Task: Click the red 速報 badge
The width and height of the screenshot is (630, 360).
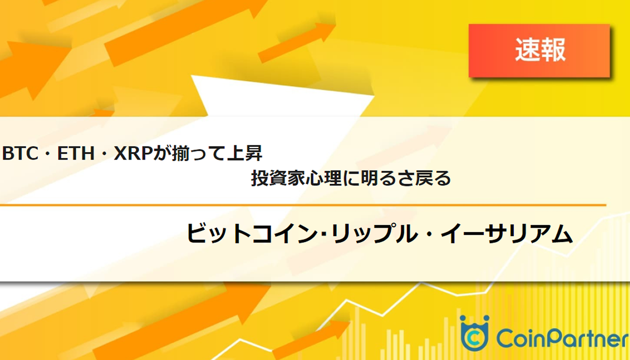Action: coord(539,50)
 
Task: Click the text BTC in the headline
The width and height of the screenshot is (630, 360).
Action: coord(19,154)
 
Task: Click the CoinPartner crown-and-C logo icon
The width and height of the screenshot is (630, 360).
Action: coord(474,333)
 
